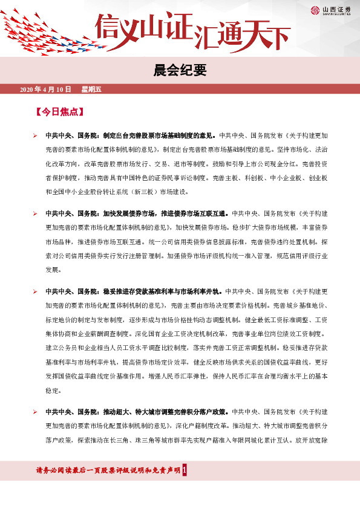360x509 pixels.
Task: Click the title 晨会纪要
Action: click(x=180, y=70)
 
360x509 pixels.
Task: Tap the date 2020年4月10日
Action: click(x=45, y=89)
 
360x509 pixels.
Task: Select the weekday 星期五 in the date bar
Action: click(x=91, y=89)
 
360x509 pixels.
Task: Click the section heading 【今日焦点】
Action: click(x=59, y=112)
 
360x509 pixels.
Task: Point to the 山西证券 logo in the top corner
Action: click(x=330, y=10)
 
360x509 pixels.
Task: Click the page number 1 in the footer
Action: click(x=192, y=470)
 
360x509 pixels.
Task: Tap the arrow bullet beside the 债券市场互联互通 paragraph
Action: click(x=36, y=213)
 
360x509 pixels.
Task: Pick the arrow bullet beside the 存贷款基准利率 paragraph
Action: click(x=36, y=292)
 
